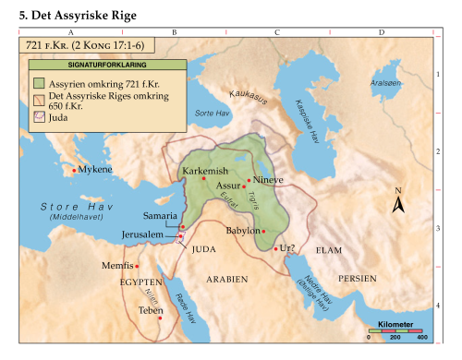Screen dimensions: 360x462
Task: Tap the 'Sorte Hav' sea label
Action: [x=212, y=113]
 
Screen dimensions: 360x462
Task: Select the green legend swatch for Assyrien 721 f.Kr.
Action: [x=39, y=81]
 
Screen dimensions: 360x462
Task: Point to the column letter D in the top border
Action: [x=381, y=32]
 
